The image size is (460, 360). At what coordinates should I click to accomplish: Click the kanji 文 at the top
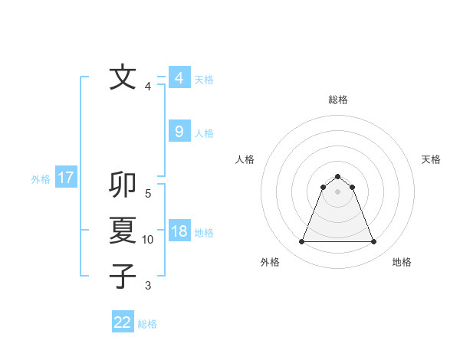pos(123,77)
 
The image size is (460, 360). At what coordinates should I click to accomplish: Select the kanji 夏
pos(123,231)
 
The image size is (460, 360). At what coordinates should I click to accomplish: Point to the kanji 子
pos(123,276)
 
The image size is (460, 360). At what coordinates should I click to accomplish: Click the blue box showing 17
pos(66,178)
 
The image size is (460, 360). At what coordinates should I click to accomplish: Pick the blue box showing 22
pos(123,322)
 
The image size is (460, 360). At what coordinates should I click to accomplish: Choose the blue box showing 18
pos(179,232)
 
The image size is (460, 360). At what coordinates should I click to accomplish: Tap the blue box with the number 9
pos(179,132)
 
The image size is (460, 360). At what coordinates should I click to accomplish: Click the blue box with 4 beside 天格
pos(179,78)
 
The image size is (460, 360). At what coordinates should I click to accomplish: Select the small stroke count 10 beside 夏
pos(148,240)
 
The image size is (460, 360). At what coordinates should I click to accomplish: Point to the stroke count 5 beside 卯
pos(148,194)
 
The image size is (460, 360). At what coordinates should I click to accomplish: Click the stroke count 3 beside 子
pos(148,286)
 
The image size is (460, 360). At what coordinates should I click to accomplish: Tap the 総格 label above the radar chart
pos(338,100)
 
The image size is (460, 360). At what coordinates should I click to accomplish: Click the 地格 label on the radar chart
pos(402,262)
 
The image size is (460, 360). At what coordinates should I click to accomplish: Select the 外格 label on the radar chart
pos(270,262)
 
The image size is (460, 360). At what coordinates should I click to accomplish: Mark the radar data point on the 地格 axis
pos(374,242)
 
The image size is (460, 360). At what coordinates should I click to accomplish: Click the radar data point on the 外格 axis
pos(301,242)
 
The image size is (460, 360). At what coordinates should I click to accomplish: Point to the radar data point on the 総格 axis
pos(338,177)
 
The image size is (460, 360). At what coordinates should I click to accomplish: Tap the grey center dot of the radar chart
pos(338,191)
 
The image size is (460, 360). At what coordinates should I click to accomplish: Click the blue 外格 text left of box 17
pos(41,179)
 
